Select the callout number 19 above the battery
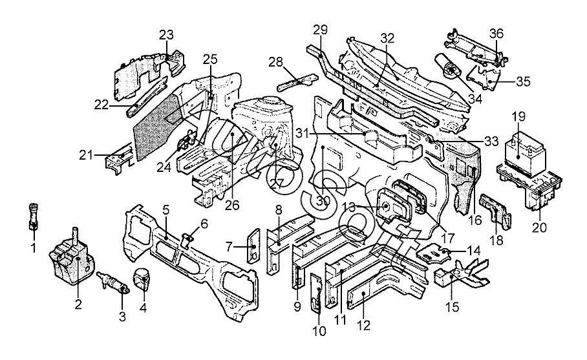pos(518,118)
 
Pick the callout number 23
pos(167,34)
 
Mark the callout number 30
pos(323,201)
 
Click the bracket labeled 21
pos(116,157)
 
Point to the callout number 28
pos(276,62)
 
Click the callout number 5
pos(165,209)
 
